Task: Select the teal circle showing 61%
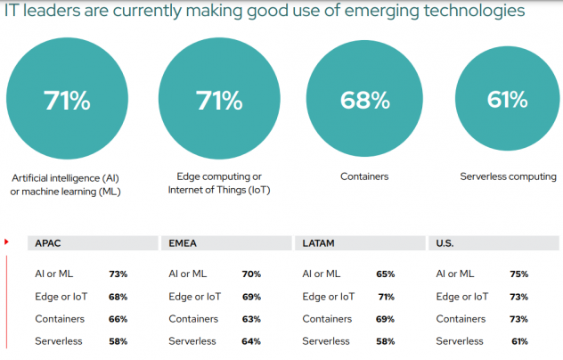tap(507, 98)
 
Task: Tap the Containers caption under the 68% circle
tap(364, 176)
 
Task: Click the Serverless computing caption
tap(507, 176)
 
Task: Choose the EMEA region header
tap(182, 242)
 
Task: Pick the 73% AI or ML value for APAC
tap(118, 274)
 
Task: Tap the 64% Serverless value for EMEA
tap(252, 340)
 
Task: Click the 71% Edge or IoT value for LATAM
tap(386, 297)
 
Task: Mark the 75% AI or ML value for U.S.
tap(519, 274)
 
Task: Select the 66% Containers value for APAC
tap(118, 319)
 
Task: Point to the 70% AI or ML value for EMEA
tap(252, 274)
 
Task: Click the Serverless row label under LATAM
tap(326, 340)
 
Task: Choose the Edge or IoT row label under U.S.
tap(461, 297)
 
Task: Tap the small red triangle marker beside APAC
tap(8, 241)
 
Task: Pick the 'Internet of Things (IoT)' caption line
tap(218, 190)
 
